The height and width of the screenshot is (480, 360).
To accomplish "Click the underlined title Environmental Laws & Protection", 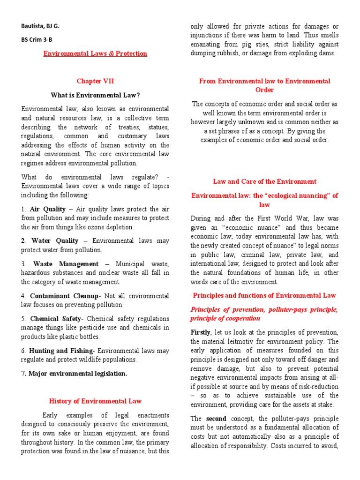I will [95, 53].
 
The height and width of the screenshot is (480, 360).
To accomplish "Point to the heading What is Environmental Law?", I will [95, 95].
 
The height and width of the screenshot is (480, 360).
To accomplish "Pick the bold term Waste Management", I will [66, 264].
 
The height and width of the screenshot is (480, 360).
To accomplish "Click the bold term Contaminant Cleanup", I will [64, 296].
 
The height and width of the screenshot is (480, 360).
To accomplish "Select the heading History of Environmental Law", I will [95, 401].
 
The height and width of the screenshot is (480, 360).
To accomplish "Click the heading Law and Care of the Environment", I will [265, 181].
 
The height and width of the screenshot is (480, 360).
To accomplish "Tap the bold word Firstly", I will [201, 332].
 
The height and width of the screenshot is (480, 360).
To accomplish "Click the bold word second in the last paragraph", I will [217, 419].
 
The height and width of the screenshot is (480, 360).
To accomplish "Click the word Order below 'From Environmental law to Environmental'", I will [265, 90].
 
